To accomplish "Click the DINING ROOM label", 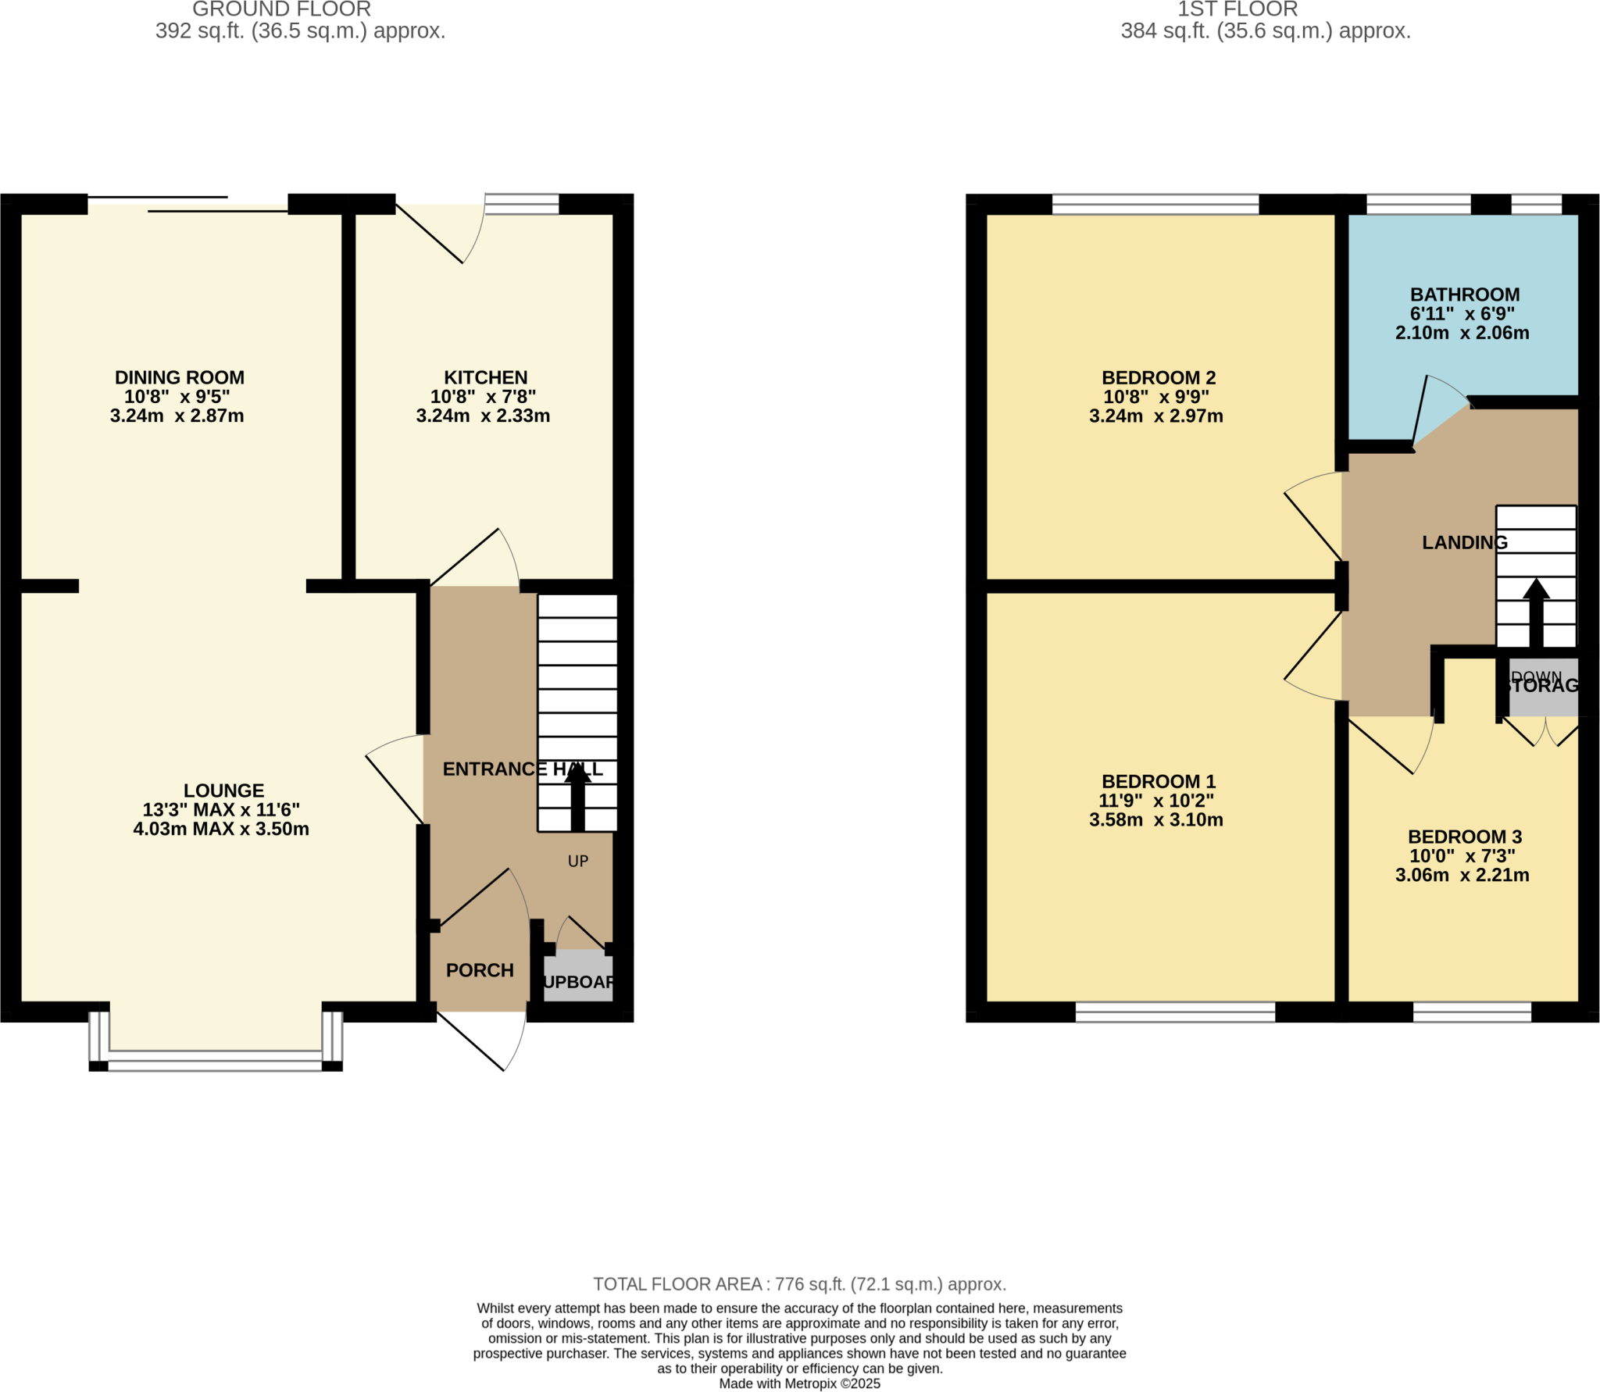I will pyautogui.click(x=179, y=377).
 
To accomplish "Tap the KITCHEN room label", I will pyautogui.click(x=485, y=377).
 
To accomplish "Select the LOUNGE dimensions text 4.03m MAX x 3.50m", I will pyautogui.click(x=221, y=829).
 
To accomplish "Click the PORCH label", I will pyautogui.click(x=480, y=970).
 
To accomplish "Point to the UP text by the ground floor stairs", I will pyautogui.click(x=577, y=861).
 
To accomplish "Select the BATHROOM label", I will pyautogui.click(x=1464, y=294).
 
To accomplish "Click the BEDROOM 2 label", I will pyautogui.click(x=1158, y=377).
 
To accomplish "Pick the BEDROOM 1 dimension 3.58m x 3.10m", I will pyautogui.click(x=1155, y=819).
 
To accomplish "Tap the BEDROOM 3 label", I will pyautogui.click(x=1464, y=837).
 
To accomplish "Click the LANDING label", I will pyautogui.click(x=1464, y=542).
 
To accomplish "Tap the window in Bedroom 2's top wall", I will pyautogui.click(x=1155, y=205).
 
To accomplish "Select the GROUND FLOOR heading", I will pyautogui.click(x=281, y=9).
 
